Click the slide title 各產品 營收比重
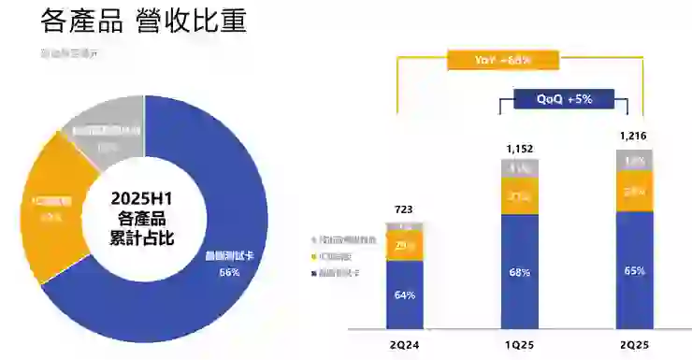point(144,22)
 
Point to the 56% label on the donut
point(230,272)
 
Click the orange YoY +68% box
point(502,60)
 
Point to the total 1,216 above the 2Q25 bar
point(633,137)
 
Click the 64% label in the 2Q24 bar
point(404,295)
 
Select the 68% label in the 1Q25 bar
point(519,272)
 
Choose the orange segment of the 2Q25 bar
point(633,192)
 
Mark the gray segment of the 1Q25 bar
point(519,168)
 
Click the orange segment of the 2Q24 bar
point(404,246)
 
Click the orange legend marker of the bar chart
point(313,256)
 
